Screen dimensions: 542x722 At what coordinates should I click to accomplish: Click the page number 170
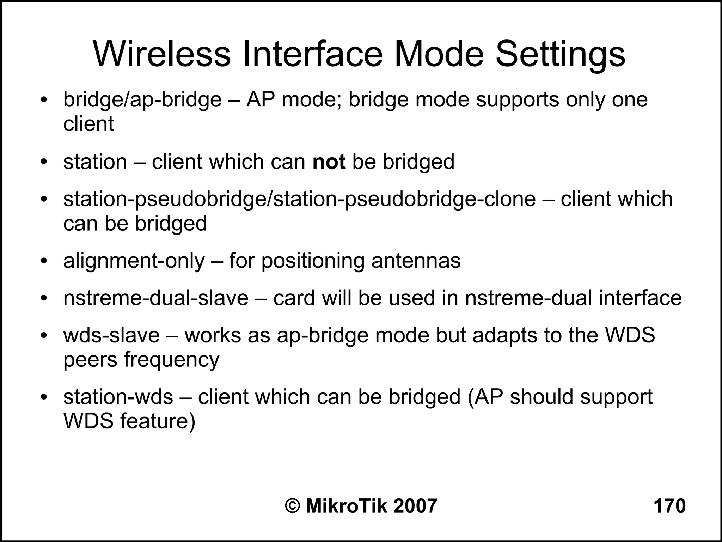669,506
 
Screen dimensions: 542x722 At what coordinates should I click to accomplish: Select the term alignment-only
134,261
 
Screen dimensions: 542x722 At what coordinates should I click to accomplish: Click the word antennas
416,261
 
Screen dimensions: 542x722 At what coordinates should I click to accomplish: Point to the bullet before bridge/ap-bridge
44,100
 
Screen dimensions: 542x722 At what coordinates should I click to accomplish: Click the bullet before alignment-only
44,262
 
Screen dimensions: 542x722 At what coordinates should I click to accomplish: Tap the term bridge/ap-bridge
142,100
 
